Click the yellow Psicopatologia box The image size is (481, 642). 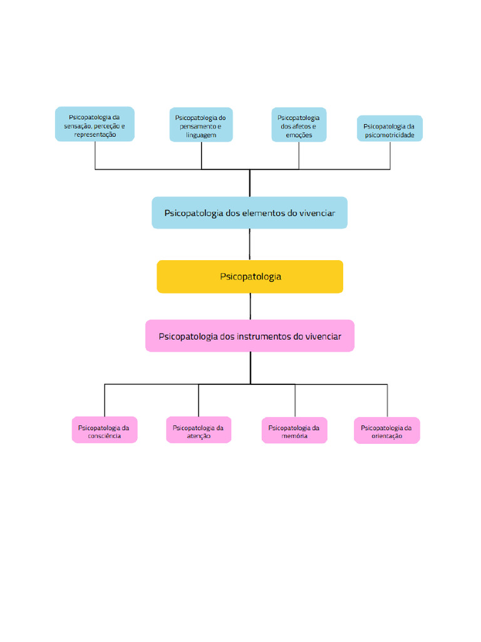(250, 276)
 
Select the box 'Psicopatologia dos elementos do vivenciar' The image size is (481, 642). (249, 213)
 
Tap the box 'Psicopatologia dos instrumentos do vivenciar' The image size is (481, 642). (249, 336)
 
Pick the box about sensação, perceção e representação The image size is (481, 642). (95, 124)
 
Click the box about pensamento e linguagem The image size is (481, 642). (201, 125)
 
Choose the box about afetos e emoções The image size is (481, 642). (299, 125)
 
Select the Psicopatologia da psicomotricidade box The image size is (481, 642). (390, 129)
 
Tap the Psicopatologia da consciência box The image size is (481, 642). (105, 430)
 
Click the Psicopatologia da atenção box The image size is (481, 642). (199, 430)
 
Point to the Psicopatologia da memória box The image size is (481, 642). (294, 430)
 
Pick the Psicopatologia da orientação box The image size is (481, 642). (387, 430)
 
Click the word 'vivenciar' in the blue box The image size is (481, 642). (317, 213)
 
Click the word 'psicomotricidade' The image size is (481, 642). (389, 135)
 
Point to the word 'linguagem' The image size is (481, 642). (200, 135)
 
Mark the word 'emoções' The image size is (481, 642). (299, 135)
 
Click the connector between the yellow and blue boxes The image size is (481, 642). (250, 245)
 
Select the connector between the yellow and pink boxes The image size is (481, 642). (251, 307)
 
